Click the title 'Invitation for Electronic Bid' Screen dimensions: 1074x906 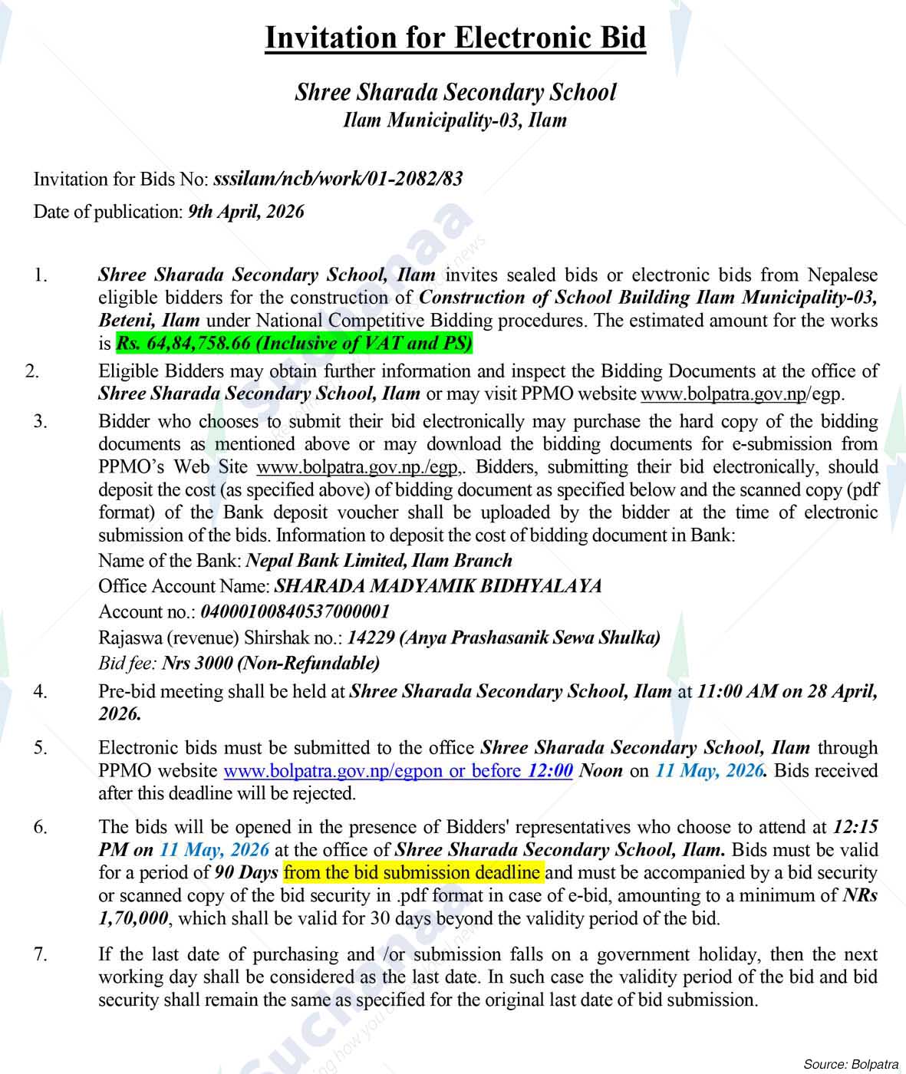tap(455, 38)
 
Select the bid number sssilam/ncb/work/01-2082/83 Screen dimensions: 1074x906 tap(338, 180)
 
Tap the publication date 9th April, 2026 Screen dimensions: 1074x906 tap(245, 212)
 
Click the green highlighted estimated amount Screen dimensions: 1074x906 tap(294, 343)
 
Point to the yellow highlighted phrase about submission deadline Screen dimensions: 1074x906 tap(413, 872)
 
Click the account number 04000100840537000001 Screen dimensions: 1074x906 tap(295, 611)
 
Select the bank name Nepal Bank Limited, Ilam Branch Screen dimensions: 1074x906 tap(379, 561)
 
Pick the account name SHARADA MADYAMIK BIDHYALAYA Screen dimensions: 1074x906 tap(437, 586)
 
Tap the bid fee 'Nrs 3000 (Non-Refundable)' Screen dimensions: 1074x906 tap(271, 662)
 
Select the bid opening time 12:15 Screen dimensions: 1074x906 tap(855, 827)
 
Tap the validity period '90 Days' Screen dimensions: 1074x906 tap(246, 872)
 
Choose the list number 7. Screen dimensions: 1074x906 tap(41, 955)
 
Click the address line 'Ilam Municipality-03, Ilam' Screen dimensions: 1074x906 tap(455, 120)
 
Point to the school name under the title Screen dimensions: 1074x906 tap(455, 93)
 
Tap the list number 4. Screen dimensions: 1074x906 tap(41, 692)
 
